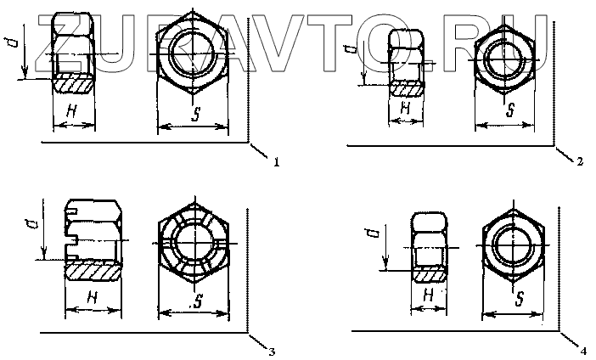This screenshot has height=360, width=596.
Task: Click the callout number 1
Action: point(276,162)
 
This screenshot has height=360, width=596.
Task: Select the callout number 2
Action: point(579,162)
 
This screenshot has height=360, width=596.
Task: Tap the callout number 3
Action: point(272,352)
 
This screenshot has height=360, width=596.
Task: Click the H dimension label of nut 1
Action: point(71,111)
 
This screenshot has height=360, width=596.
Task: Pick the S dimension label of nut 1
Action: point(196,114)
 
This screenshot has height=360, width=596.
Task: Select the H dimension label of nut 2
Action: point(405,109)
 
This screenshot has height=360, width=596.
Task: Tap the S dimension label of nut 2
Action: point(510,110)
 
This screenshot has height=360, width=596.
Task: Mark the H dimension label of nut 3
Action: point(93,297)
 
